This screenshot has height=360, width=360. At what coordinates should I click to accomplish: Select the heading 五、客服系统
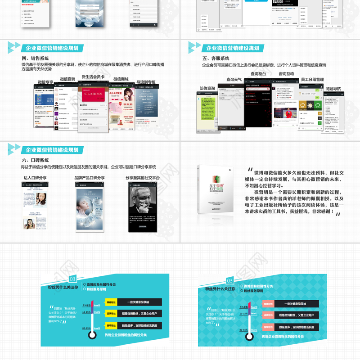click(216, 58)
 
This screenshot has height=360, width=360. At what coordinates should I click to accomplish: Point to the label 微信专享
click(45, 82)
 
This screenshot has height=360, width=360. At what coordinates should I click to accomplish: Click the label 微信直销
click(68, 79)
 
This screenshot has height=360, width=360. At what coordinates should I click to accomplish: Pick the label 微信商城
click(121, 79)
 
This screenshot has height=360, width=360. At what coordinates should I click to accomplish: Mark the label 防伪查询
click(207, 88)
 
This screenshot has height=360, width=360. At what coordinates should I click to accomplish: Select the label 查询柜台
click(258, 73)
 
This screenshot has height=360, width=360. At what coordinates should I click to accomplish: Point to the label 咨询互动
click(286, 73)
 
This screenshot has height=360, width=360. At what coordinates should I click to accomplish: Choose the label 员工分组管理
click(312, 80)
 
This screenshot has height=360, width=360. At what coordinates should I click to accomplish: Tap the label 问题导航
click(333, 89)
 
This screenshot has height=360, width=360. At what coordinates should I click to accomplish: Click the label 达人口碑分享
click(35, 178)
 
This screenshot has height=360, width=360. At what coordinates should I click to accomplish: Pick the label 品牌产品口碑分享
click(89, 178)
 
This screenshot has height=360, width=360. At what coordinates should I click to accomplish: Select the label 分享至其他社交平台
click(143, 178)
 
